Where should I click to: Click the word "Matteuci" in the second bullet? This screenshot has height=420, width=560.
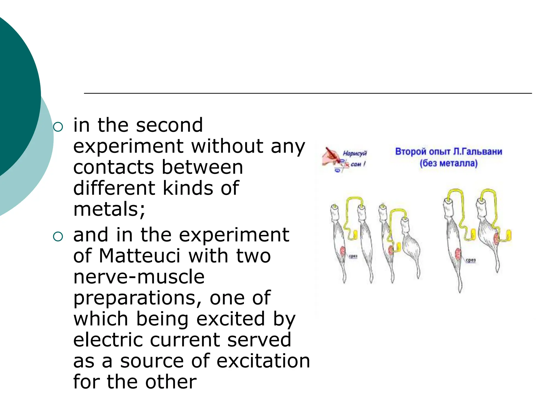point(139,256)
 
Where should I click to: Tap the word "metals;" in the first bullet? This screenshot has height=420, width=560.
point(109,209)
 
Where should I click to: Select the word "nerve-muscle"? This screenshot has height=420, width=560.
point(139,277)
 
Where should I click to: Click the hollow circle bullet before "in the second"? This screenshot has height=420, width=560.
point(58,127)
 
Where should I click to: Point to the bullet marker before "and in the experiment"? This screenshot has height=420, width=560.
point(58,237)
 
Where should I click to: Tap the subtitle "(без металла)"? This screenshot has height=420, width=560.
point(448,164)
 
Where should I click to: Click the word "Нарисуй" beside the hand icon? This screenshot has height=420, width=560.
point(355,153)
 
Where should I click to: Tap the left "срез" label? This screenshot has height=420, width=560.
point(353,256)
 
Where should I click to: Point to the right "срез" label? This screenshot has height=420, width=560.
point(471,260)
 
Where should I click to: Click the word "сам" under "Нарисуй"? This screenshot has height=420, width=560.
point(356,164)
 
